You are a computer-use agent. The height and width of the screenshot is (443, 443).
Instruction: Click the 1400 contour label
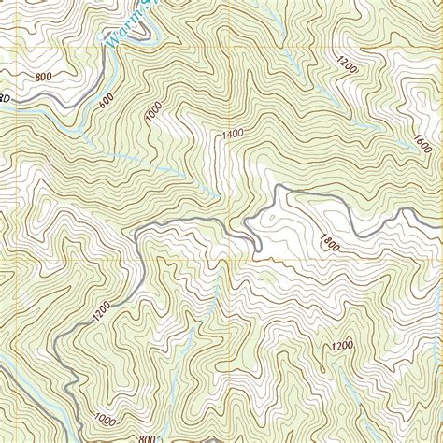pyautogui.click(x=234, y=136)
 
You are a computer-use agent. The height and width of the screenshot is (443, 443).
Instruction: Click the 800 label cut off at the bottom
pyautogui.click(x=147, y=436)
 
